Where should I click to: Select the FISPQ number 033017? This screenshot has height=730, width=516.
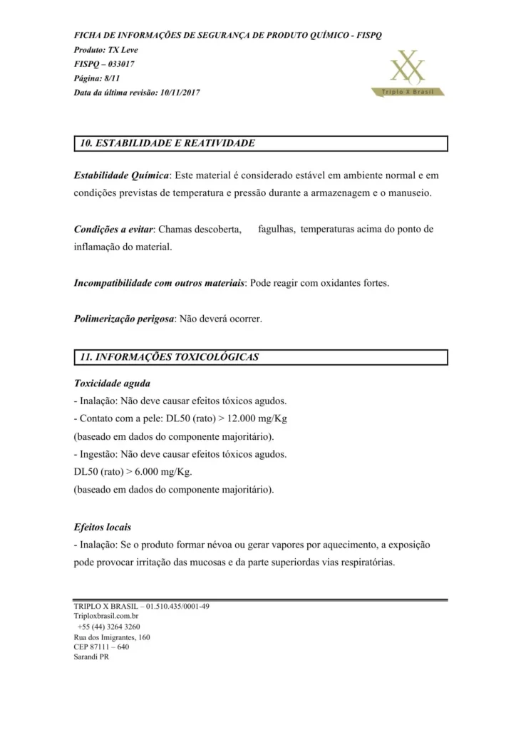point(120,64)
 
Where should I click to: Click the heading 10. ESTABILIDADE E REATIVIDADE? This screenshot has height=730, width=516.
point(167,143)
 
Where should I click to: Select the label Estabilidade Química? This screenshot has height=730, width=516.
point(121,175)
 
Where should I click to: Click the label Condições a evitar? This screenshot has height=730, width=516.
point(113,230)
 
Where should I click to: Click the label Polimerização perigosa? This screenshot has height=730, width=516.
point(124,319)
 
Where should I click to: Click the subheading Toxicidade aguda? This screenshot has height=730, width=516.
point(112,383)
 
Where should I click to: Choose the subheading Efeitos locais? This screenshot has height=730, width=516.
point(103,528)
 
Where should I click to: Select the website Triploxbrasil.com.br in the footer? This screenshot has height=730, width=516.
point(106,615)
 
